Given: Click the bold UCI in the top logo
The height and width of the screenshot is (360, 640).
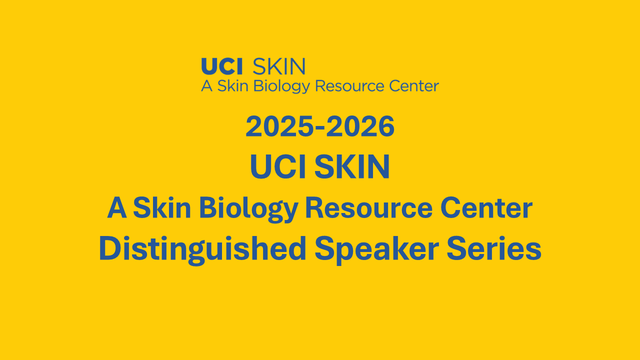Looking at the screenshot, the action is tap(222, 66).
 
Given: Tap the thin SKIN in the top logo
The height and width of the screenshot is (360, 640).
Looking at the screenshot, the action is tap(279, 66).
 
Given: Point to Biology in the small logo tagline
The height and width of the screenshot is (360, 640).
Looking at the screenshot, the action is tap(281, 86).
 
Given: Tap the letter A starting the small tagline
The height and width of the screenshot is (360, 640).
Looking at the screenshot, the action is tap(207, 85).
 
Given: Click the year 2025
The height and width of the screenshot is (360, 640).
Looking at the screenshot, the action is tap(279, 126).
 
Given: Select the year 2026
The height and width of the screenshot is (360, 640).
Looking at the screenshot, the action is tap(360, 126).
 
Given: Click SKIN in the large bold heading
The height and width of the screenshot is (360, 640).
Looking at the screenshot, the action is tap(352, 166).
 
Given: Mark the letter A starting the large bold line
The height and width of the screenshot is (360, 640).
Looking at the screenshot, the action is tap(117, 208).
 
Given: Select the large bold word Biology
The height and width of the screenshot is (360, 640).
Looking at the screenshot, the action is tap(249, 209).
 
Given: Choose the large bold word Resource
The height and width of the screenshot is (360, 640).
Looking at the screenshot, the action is tap(369, 208).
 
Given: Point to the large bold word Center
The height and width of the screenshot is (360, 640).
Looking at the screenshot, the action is tap(486, 208).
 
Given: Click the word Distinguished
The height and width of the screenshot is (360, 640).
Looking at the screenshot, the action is tap(202, 250).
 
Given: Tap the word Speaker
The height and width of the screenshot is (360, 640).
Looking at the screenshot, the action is tap(377, 250).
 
